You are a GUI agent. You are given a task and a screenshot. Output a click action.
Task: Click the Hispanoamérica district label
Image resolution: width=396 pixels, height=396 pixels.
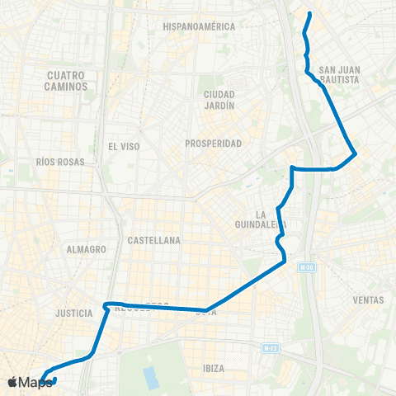click(199, 26)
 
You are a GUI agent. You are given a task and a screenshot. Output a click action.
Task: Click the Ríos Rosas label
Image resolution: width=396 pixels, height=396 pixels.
click(61, 163)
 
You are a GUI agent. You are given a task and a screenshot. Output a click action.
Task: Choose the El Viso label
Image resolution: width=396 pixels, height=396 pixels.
click(124, 146)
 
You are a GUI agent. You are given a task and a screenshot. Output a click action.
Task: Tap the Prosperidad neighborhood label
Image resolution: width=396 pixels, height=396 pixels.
click(214, 144)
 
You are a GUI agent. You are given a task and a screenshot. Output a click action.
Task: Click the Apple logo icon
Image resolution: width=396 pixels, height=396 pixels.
click(12, 382)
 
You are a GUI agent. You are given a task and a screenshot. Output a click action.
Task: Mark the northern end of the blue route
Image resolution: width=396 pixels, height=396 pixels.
click(309, 14)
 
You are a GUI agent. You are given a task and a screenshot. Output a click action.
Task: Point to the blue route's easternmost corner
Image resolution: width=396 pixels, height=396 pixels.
click(355, 153)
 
